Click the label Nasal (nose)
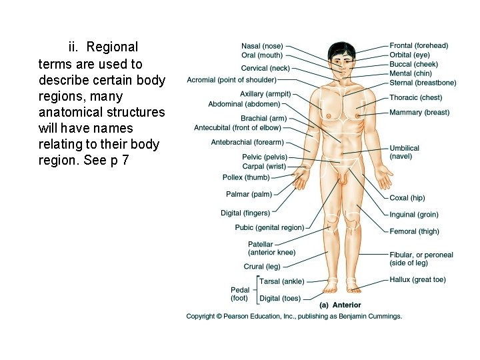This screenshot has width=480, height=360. tap(261, 46)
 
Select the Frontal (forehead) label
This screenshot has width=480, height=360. tap(419, 46)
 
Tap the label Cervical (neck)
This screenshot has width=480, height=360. tap(265, 68)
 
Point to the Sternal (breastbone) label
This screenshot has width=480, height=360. tap(423, 83)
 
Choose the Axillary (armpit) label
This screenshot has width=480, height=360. tap(265, 94)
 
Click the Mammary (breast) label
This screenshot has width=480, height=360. tap(419, 113)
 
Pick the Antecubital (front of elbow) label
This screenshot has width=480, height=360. tap(237, 128)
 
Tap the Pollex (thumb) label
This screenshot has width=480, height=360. tap(246, 177)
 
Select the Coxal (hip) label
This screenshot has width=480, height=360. tap(407, 198)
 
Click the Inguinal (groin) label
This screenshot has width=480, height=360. tap(414, 215)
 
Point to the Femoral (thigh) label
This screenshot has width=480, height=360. tap(414, 231)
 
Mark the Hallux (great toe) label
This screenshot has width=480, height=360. tap(417, 280)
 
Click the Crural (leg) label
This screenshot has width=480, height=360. tap(263, 267)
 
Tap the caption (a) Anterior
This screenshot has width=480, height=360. tap(340, 305)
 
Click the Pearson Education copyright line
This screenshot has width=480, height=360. tap(294, 316)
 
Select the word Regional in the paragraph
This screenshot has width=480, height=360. tap(112, 47)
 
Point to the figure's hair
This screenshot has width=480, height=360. tap(341, 48)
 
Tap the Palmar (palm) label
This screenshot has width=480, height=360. tap(249, 194)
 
